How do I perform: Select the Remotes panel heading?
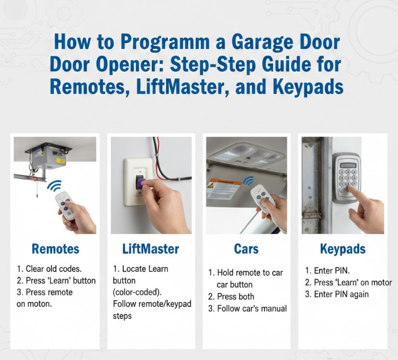(55, 249)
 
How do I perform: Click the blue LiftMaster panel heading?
(151, 249)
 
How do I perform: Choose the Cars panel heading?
(246, 249)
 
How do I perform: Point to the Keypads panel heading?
(343, 249)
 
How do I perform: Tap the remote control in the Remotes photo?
(64, 205)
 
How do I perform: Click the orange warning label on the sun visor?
(223, 182)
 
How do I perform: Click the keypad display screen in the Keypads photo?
(348, 165)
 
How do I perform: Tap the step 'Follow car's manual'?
(248, 309)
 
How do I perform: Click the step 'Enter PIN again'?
(337, 294)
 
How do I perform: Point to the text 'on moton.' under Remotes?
(34, 304)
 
